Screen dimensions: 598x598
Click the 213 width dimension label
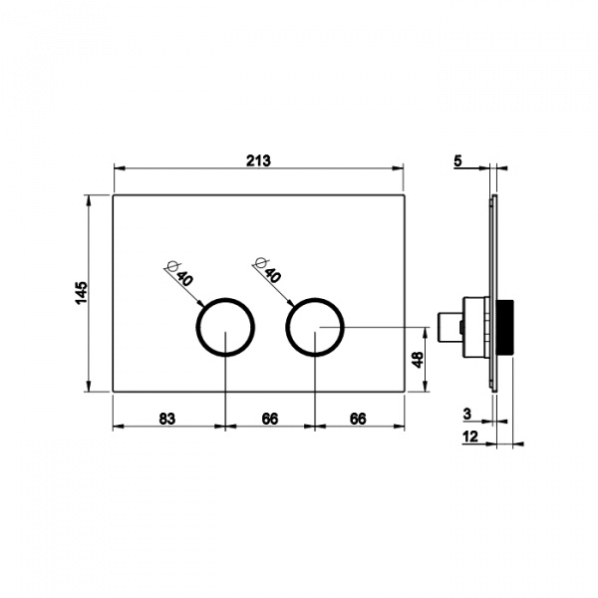[x=258, y=160]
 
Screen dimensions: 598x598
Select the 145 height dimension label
[x=82, y=293]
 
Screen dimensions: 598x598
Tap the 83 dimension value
[x=167, y=419]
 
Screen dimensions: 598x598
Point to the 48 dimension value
[x=418, y=359]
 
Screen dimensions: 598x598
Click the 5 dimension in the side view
[x=457, y=160]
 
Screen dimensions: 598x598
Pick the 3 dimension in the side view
[x=467, y=414]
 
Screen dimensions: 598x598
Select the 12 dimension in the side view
[x=470, y=437]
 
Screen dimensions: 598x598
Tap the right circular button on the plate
[x=286, y=327]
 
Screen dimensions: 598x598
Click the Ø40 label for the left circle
[x=180, y=273]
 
